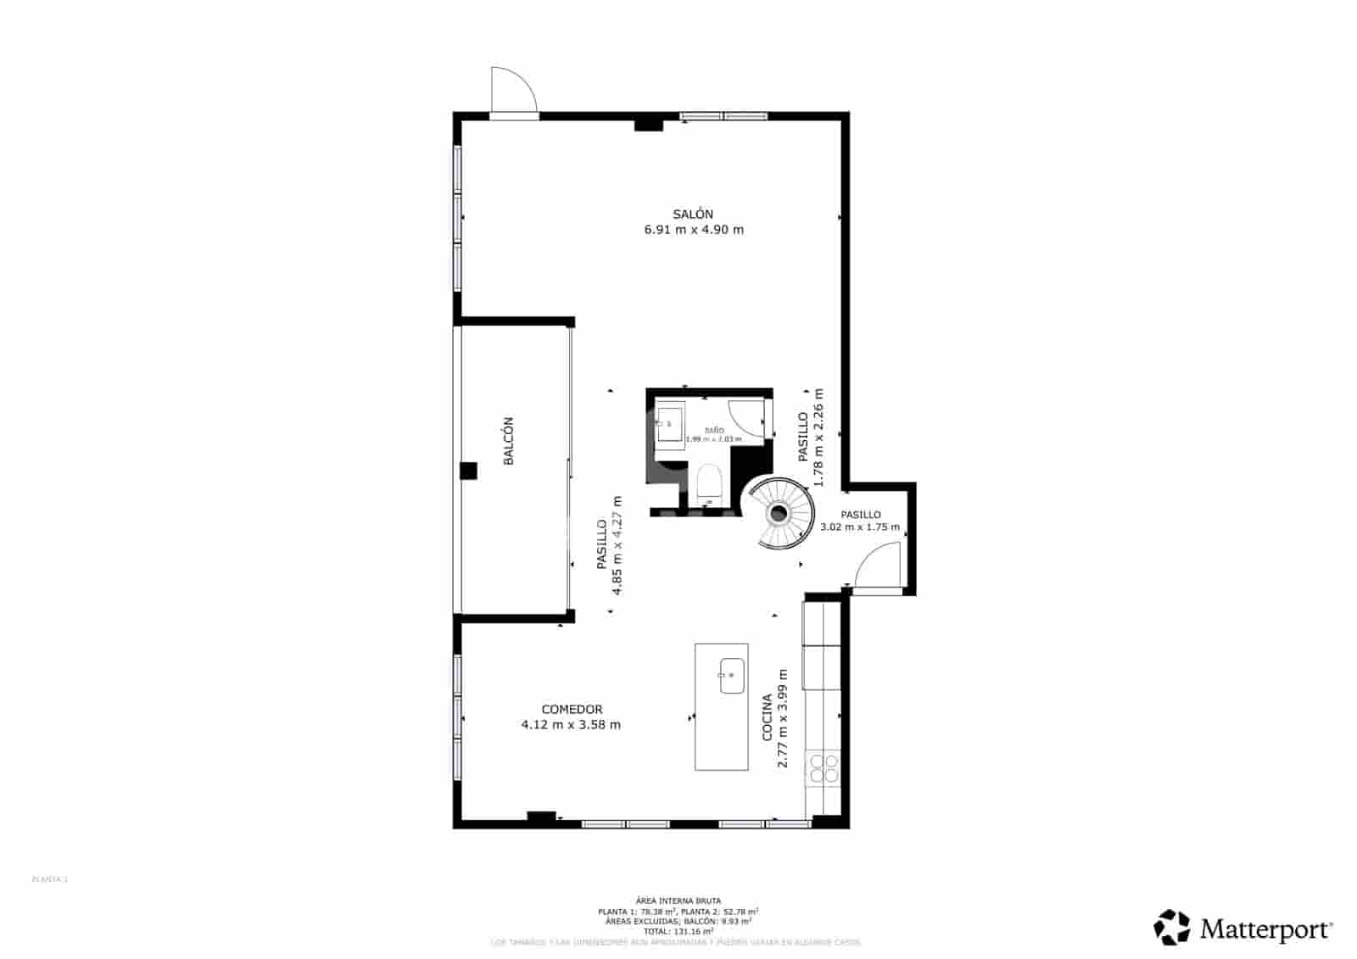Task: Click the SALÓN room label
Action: (x=693, y=215)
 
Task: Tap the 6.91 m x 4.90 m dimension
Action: (x=694, y=230)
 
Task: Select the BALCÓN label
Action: (x=509, y=441)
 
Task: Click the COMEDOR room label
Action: (x=572, y=710)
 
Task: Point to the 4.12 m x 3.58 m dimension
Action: (x=571, y=725)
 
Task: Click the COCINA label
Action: (x=768, y=717)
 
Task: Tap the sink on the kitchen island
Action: (x=732, y=676)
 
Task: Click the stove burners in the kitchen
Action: (x=823, y=768)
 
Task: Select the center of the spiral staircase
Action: (x=779, y=513)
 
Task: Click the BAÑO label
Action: (x=714, y=430)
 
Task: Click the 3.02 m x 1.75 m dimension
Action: (x=860, y=527)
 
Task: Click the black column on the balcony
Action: (x=468, y=471)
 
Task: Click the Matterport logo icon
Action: (x=1172, y=927)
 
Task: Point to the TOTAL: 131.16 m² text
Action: (x=678, y=930)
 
